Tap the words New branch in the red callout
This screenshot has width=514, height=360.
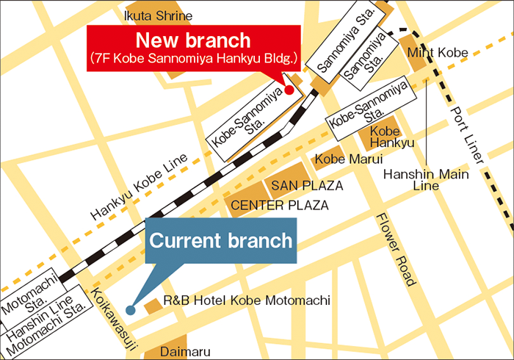[x=194, y=40]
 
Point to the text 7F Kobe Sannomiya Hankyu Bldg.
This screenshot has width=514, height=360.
[x=194, y=57]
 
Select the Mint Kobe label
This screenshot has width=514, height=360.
[x=437, y=52]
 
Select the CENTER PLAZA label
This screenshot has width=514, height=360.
[x=280, y=206]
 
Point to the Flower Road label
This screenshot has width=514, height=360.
[x=396, y=250]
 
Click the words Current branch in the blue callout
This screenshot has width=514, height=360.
[x=221, y=240]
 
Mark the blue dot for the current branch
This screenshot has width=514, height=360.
[x=130, y=310]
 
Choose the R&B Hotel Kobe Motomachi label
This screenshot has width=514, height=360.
[x=247, y=300]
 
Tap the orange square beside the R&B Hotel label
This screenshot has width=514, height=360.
[x=152, y=304]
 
